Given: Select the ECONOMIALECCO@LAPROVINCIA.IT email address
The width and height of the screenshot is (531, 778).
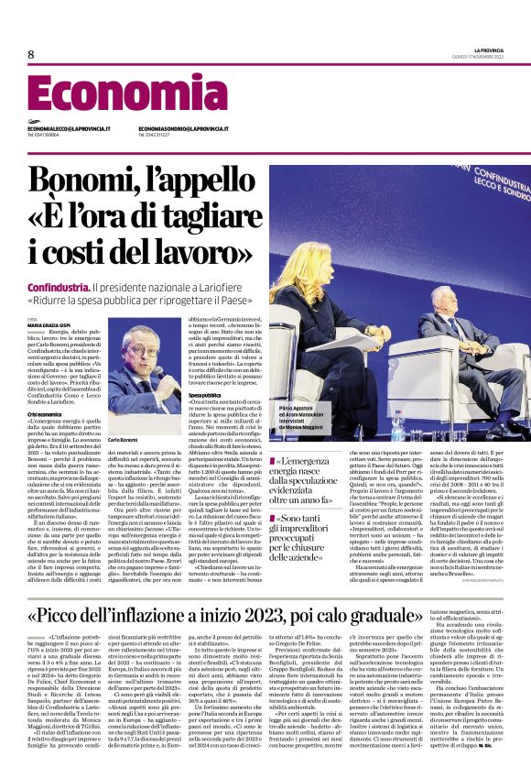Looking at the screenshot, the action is click(69, 128).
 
